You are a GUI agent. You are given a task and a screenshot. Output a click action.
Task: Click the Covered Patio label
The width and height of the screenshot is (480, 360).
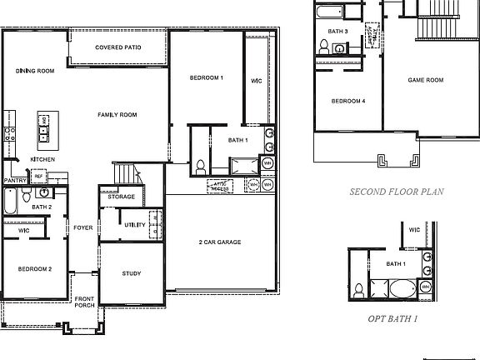pos(117,47)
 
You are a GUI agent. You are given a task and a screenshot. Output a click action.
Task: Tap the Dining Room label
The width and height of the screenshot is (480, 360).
pos(35,72)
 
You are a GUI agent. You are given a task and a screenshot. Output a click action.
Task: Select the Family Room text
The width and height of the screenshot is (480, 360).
pos(117,115)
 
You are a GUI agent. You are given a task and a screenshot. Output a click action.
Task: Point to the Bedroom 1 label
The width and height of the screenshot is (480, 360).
pos(207,77)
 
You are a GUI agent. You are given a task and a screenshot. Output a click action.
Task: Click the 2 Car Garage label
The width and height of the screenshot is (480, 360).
pos(219,242)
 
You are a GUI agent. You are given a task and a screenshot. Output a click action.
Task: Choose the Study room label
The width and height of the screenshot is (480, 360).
pos(131,273)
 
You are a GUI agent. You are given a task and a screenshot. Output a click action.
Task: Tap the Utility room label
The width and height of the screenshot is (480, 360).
pos(135,225)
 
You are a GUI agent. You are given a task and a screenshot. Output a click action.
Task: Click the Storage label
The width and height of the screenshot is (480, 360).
pos(121,197)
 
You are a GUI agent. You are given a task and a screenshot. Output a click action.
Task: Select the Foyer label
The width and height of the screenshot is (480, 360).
pos(82,227)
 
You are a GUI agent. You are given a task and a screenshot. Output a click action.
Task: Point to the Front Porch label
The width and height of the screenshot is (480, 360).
pos(84,302)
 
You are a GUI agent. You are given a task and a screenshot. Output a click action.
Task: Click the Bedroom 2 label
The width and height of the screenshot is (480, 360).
pos(35,268)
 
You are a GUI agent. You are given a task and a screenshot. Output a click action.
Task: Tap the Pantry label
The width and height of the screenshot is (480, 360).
pos(14,180)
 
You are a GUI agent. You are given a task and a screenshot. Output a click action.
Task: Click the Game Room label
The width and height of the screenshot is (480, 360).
pos(425,80)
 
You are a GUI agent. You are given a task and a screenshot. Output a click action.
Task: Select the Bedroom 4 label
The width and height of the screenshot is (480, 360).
pos(348,101)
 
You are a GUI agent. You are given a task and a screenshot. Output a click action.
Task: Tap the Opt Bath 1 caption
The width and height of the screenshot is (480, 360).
pos(392,318)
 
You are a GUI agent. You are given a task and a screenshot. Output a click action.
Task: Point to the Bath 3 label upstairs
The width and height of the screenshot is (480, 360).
pos(338,32)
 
